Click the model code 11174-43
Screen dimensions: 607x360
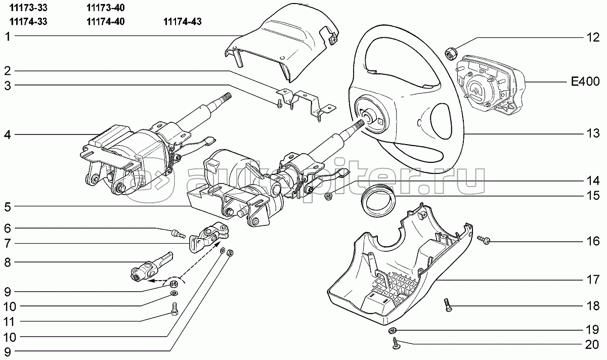(x=183, y=22)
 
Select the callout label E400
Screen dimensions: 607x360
(x=585, y=81)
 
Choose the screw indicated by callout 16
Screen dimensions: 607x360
(x=484, y=240)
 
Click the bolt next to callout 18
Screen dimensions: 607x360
(x=448, y=305)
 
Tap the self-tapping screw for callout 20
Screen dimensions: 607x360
(x=396, y=343)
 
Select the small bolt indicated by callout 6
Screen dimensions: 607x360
(x=178, y=234)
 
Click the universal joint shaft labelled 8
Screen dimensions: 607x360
(x=151, y=267)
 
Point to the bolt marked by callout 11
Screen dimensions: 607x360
(x=174, y=309)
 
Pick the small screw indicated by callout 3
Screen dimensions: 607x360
(x=279, y=104)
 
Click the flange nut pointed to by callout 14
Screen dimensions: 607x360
(x=329, y=196)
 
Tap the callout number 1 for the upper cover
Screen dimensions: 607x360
(x=8, y=36)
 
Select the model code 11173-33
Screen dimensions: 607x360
(x=28, y=8)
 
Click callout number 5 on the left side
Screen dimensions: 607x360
(x=8, y=207)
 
